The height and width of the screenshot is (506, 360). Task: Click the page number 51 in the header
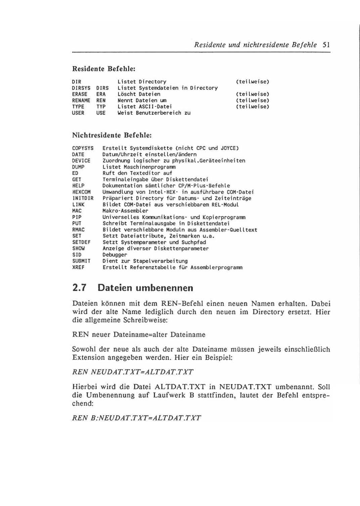click(326, 45)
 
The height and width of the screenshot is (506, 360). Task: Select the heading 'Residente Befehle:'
click(104, 69)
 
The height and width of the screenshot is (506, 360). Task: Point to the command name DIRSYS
click(81, 88)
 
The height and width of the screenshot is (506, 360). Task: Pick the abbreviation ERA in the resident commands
click(101, 94)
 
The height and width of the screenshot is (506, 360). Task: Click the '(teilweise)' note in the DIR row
click(253, 82)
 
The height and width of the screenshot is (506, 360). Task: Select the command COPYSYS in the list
click(83, 148)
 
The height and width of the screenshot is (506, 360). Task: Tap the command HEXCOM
click(82, 192)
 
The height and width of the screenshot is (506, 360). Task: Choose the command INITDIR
click(83, 198)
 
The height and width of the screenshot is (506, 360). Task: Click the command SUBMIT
click(82, 261)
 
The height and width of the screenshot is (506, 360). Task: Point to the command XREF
click(78, 268)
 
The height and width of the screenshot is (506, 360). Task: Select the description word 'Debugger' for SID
click(115, 255)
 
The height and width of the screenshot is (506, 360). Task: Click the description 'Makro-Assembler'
click(125, 211)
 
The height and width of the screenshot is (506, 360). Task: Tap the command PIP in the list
click(77, 217)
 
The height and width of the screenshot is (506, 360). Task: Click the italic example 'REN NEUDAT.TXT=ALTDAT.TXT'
click(133, 372)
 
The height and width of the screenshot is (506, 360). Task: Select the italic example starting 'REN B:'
click(137, 418)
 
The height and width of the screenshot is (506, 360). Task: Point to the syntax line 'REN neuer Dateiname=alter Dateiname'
click(139, 335)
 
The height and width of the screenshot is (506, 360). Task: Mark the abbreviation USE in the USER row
click(101, 113)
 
